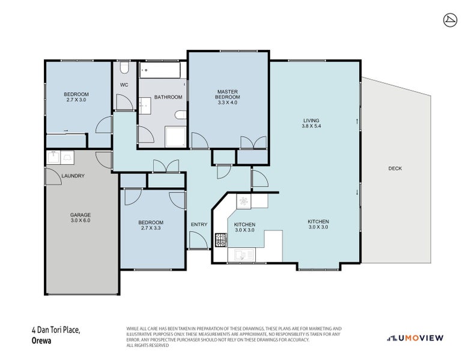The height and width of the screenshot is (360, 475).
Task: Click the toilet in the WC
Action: point(124,68)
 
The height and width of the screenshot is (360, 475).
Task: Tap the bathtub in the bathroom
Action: point(160,70)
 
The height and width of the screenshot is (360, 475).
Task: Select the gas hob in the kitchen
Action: point(221,239)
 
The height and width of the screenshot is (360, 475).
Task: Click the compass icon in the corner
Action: point(450,20)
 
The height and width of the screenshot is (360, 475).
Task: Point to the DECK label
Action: point(395,169)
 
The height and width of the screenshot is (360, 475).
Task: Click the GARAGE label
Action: point(80,215)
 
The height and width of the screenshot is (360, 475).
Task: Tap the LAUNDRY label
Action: point(73,176)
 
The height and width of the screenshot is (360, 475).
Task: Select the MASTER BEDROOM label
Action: point(228,94)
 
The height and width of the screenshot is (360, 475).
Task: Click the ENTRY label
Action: point(199,224)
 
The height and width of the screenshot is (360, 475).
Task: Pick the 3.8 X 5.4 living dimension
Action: point(312,126)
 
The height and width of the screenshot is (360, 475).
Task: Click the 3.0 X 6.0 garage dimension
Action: point(80,220)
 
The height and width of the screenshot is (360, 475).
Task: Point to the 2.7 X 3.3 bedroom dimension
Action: point(151,228)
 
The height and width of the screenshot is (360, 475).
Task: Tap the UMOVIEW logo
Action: point(416,338)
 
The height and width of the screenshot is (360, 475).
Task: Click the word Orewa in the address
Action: point(41,341)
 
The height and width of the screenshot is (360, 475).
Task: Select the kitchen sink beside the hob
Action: point(241,254)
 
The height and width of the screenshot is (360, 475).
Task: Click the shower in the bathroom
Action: point(175,137)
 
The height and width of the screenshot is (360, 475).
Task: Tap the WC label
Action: point(124,85)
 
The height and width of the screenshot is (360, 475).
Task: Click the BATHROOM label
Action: point(168,97)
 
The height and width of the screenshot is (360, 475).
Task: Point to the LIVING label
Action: point(312,121)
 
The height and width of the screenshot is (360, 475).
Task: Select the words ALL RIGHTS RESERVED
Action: point(148,345)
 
